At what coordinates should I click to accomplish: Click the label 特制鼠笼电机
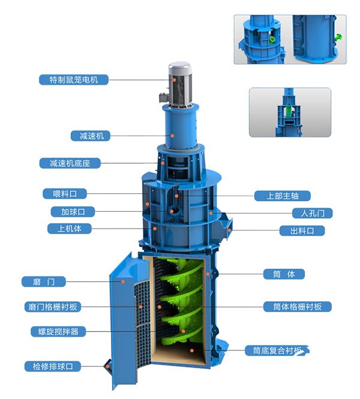point(74,80)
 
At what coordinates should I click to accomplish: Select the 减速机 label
point(91,136)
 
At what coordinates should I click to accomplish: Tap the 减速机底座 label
point(70,163)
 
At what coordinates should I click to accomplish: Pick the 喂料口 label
point(65,194)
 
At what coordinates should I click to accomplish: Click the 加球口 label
point(73,212)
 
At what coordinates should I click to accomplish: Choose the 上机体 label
point(70,229)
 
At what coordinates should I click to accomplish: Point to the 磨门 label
point(44,281)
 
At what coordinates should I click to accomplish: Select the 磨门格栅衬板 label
point(53,307)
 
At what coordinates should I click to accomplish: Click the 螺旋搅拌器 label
point(58,332)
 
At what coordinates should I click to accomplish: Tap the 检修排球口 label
point(53,367)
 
